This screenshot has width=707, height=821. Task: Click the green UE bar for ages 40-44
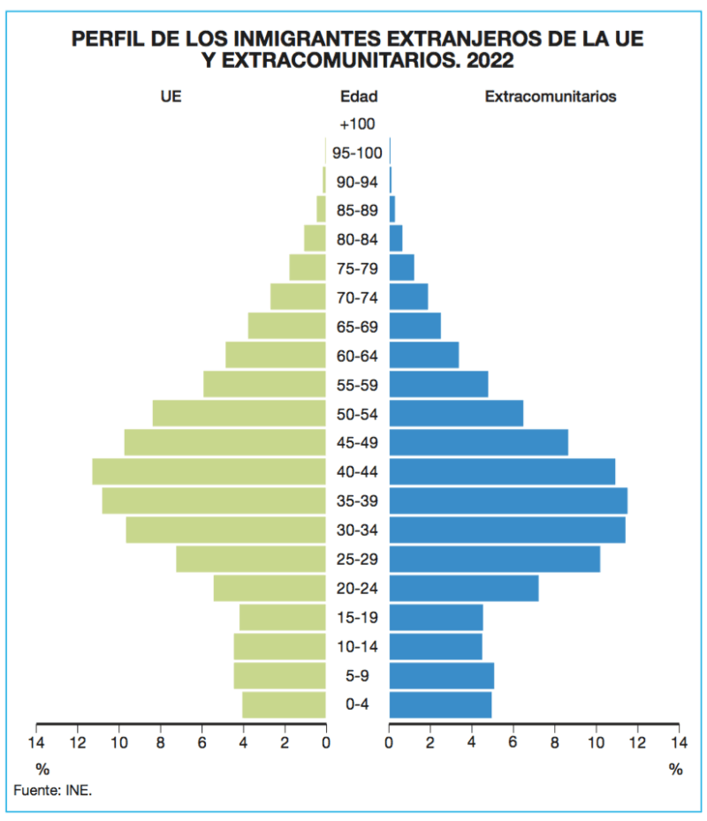click(x=209, y=471)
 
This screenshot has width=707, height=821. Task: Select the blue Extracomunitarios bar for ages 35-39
click(x=508, y=501)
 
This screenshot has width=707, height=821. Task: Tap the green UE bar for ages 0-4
click(x=284, y=704)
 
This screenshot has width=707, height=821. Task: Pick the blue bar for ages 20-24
click(x=464, y=588)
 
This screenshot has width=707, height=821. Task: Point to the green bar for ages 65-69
click(x=286, y=326)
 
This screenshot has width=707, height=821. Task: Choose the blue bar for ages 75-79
click(x=402, y=267)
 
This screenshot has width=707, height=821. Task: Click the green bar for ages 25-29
click(x=251, y=559)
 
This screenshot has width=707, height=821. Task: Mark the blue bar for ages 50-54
click(x=457, y=413)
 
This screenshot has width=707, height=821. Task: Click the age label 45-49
click(x=357, y=443)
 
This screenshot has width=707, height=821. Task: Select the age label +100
click(x=357, y=124)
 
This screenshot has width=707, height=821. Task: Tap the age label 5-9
click(x=357, y=676)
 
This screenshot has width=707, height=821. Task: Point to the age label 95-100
click(x=357, y=153)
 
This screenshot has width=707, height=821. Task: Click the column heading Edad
click(x=359, y=96)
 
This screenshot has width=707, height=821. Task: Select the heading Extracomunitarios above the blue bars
click(x=551, y=96)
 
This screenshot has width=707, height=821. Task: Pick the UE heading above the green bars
click(x=171, y=96)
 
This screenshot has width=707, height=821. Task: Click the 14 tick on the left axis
click(x=36, y=742)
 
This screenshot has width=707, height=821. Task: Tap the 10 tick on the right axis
click(x=596, y=742)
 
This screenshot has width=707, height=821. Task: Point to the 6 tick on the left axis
click(x=201, y=742)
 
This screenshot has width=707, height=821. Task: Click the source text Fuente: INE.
click(x=53, y=790)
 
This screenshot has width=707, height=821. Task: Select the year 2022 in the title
click(x=490, y=61)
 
